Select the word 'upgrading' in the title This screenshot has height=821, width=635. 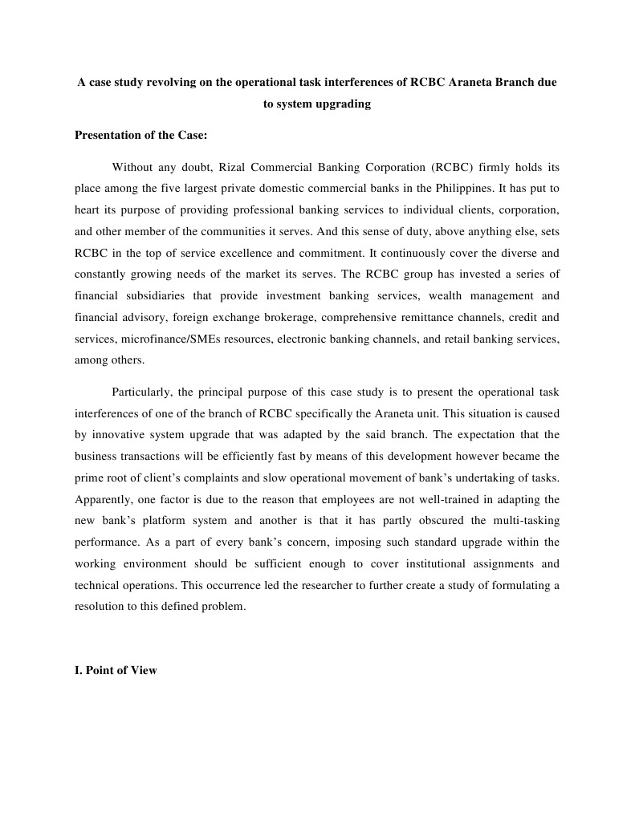click(x=345, y=104)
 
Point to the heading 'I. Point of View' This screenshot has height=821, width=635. click(x=116, y=670)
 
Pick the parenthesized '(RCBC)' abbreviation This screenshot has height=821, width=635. click(x=455, y=168)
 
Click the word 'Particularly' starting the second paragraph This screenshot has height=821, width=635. click(x=140, y=392)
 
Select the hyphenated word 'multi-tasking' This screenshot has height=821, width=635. click(x=523, y=521)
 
